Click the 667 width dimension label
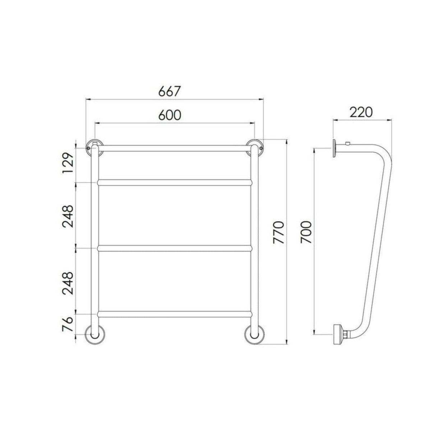169,91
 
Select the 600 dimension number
169,115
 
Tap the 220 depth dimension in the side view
361,112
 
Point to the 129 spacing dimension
68,163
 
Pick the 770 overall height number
278,233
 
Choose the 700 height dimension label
306,232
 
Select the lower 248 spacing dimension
68,283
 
